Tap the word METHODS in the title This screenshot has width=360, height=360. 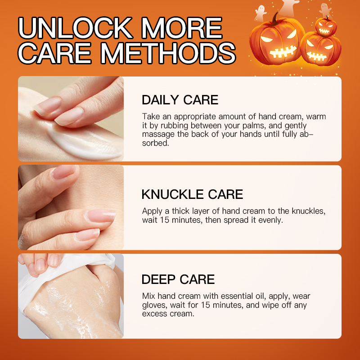168,53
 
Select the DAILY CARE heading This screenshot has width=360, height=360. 180,100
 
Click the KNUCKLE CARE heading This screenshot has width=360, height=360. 192,194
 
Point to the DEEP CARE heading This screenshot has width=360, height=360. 178,279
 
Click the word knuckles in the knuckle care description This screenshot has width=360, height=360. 308,211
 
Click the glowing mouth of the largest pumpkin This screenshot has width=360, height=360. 283,51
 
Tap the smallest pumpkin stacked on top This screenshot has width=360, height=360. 326,27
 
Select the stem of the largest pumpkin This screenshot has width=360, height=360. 275,19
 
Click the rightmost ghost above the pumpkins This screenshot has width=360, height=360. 325,10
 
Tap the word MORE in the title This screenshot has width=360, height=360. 182,28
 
